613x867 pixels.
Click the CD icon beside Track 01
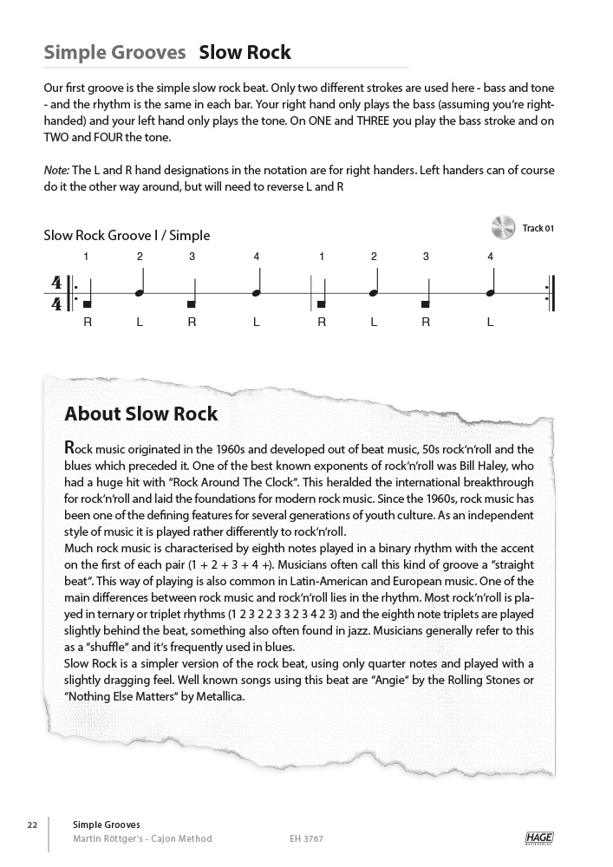tap(503, 227)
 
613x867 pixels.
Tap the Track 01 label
tap(538, 229)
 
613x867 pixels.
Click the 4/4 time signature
tap(57, 293)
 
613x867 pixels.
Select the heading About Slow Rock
tap(141, 414)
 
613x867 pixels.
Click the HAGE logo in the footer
tap(539, 838)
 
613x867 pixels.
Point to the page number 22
tap(32, 825)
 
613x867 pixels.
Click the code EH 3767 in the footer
tap(308, 838)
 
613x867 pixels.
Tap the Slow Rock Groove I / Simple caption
tap(127, 235)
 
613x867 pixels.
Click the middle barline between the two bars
tap(310, 293)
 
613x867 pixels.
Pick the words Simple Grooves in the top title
tap(114, 53)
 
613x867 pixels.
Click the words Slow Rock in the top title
tap(245, 53)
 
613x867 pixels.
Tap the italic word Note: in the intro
tap(56, 171)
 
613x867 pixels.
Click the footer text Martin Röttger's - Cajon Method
tap(142, 838)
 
